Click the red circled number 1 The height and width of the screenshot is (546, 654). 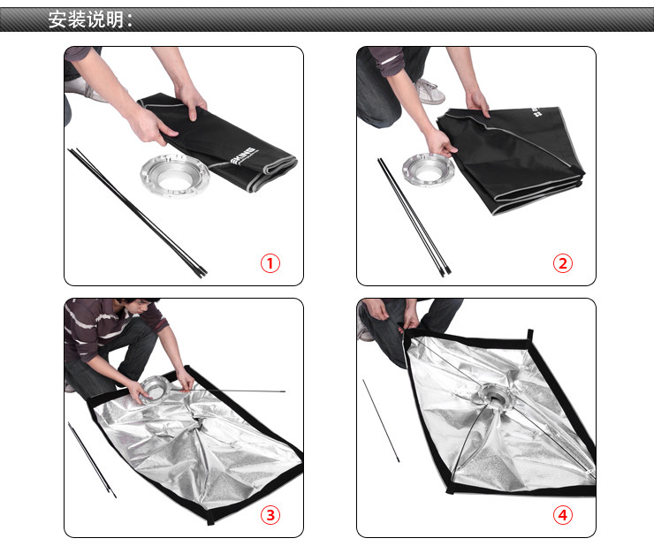coord(270,263)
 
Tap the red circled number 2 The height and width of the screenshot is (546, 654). coord(563,263)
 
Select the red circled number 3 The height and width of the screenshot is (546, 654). coord(270,515)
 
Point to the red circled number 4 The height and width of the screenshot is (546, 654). coord(563,515)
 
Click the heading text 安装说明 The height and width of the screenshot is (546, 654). coord(87,19)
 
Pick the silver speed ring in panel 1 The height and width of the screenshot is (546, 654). coord(175,175)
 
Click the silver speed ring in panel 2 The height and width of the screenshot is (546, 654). coord(429,169)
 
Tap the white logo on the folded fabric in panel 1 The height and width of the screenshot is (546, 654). coord(243,155)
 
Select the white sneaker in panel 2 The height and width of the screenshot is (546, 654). coord(429,91)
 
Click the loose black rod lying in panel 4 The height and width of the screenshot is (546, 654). coord(381,421)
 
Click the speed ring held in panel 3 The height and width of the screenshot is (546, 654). coord(155,389)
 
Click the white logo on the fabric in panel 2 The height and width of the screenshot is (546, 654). coord(536,111)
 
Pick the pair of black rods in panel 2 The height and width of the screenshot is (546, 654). coord(414,217)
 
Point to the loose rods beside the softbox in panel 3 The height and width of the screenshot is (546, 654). coord(92,459)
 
